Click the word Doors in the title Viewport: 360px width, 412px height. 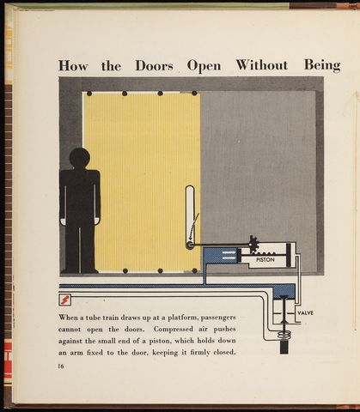pos(154,66)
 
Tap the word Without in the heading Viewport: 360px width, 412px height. pos(262,65)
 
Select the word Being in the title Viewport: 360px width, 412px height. pos(322,66)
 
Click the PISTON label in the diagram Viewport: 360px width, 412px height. pos(265,260)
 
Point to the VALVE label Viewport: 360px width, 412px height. pos(306,313)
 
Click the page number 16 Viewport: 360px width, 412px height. pos(61,366)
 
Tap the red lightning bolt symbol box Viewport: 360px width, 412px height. pos(64,300)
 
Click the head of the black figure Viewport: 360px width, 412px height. pos(80,158)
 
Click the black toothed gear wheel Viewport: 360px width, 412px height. pos(253,244)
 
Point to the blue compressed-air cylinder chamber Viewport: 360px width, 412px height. pos(220,256)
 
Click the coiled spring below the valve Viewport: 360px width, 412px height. pos(284,334)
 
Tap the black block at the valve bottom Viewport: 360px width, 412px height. pos(284,347)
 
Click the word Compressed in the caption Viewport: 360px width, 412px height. pos(174,330)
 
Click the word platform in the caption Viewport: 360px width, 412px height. pos(182,318)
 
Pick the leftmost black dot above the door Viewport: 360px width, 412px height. pos(89,94)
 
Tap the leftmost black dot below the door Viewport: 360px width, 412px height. pos(125,270)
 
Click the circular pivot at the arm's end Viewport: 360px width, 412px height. pos(189,245)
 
